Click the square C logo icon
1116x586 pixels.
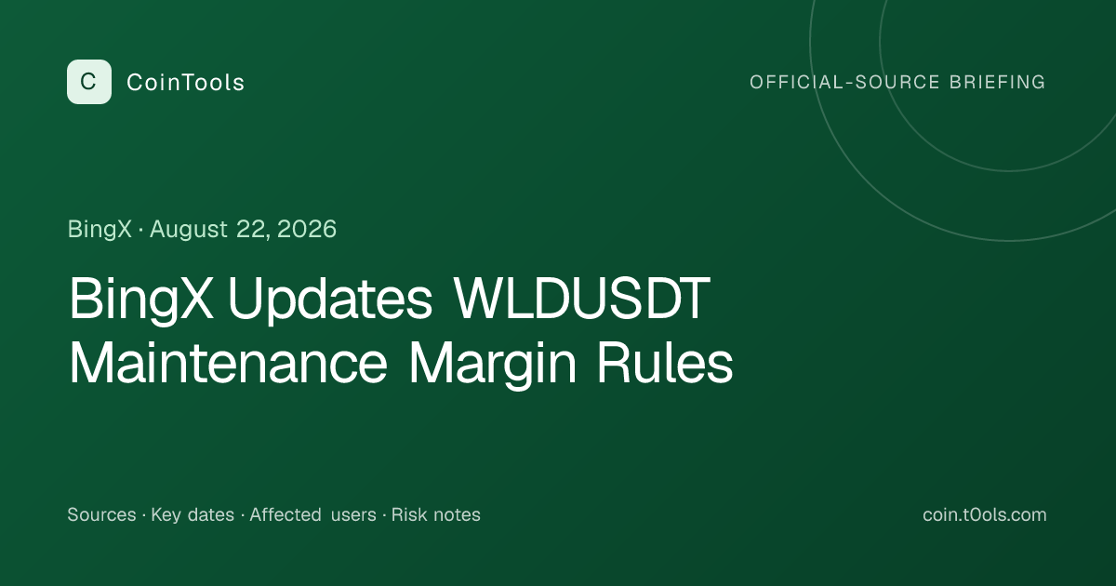pyautogui.click(x=89, y=82)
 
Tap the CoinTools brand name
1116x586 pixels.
pyautogui.click(x=185, y=82)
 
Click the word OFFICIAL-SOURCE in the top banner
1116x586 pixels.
pyautogui.click(x=844, y=82)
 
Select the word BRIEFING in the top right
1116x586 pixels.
pyautogui.click(x=997, y=82)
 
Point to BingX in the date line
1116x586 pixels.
pyautogui.click(x=100, y=230)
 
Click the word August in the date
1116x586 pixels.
pyautogui.click(x=189, y=230)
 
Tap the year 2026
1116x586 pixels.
pyautogui.click(x=307, y=229)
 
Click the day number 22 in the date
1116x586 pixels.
pyautogui.click(x=253, y=229)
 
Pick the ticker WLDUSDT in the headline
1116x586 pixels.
pyautogui.click(x=581, y=298)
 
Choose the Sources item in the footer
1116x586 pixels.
pyautogui.click(x=101, y=514)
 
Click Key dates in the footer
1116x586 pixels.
pyautogui.click(x=193, y=515)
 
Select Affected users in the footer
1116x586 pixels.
pyautogui.click(x=312, y=514)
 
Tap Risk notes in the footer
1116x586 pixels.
pyautogui.click(x=436, y=514)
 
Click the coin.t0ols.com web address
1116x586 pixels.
pyautogui.click(x=985, y=514)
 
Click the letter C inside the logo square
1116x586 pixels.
pyautogui.click(x=88, y=82)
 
